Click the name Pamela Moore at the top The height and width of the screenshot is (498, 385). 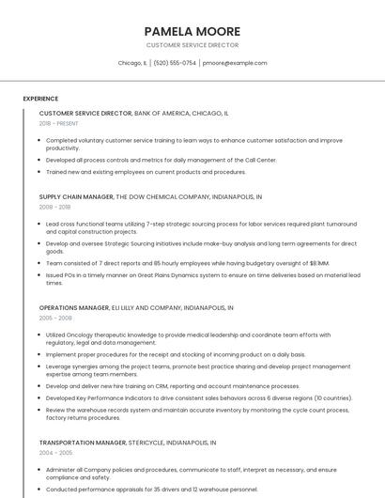192,31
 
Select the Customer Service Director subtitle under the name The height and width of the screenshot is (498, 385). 192,45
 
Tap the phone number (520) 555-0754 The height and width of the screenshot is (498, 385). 175,63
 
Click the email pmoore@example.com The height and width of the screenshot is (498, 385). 235,63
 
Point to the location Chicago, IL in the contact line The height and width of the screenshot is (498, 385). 132,63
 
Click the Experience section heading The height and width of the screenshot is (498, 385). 40,99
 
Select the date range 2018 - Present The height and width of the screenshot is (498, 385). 59,123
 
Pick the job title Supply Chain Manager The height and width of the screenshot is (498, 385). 76,197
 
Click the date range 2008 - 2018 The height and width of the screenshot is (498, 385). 54,207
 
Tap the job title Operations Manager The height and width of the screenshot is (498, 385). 74,307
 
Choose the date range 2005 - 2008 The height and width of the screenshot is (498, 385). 54,318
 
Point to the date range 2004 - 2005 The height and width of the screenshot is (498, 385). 54,452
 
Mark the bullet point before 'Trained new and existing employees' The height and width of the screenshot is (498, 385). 40,172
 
